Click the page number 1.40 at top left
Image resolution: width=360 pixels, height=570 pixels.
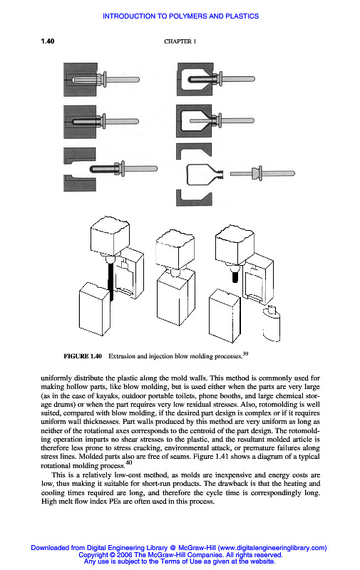[x=47, y=41]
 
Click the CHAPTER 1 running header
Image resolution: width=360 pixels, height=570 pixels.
[x=180, y=41]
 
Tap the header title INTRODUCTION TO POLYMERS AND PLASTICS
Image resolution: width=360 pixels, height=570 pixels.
[x=181, y=16]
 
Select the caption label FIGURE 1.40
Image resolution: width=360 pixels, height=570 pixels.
[x=83, y=356]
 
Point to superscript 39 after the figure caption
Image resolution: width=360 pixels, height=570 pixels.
[x=245, y=353]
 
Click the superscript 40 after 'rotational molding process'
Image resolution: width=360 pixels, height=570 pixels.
[x=129, y=462]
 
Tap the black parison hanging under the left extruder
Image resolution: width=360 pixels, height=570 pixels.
[x=111, y=281]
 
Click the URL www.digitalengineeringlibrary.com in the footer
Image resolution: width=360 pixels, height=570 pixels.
[x=272, y=548]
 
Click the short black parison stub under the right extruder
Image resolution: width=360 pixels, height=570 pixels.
[x=235, y=277]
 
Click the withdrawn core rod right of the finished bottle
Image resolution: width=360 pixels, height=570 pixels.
[x=262, y=173]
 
